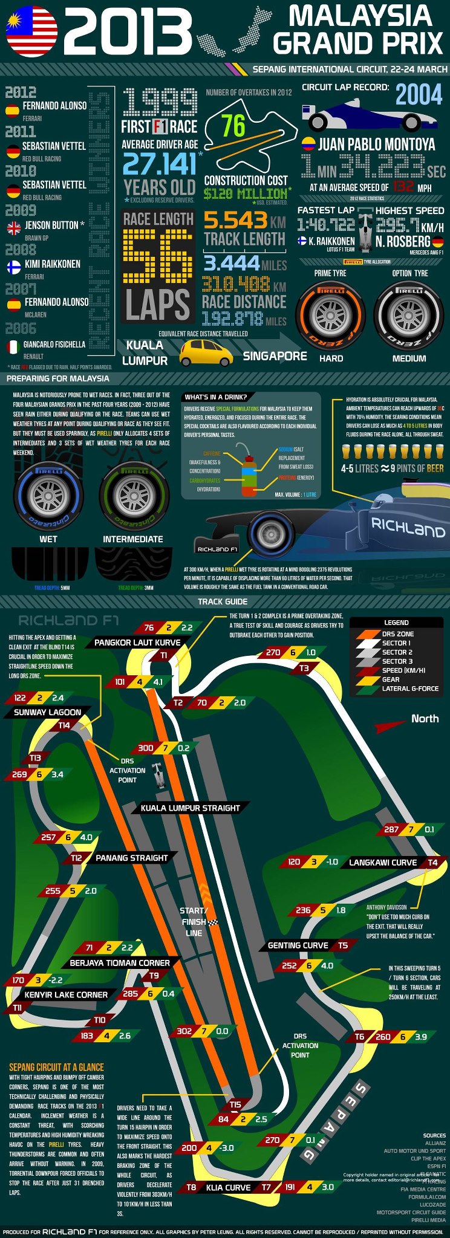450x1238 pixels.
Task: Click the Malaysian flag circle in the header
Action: click(31, 31)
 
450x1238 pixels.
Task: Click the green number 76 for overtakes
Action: click(233, 126)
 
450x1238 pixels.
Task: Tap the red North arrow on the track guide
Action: click(390, 725)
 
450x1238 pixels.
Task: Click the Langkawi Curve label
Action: click(383, 862)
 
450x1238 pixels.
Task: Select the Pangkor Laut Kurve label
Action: click(137, 642)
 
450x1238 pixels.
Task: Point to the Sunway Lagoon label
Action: click(48, 712)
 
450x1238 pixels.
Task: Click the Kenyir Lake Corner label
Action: click(66, 994)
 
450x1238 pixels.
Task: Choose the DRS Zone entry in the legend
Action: click(397, 634)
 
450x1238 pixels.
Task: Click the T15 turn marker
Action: click(235, 1104)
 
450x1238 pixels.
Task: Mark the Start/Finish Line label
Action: click(194, 921)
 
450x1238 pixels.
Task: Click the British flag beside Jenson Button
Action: click(13, 228)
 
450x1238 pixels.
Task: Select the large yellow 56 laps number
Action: click(157, 256)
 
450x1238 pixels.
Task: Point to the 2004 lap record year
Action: click(419, 95)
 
